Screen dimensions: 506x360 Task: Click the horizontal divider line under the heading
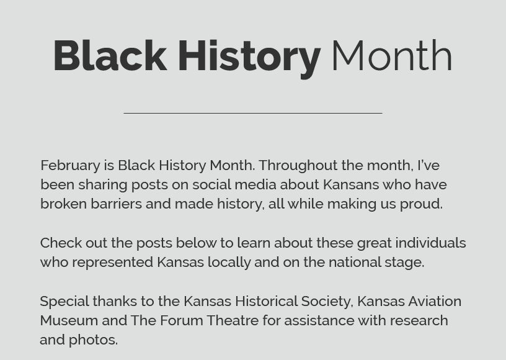[253, 113]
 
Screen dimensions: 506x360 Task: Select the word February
[70, 166]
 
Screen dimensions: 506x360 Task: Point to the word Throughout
[298, 166]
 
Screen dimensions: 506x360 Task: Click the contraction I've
[428, 165]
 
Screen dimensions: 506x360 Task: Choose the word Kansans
[351, 185]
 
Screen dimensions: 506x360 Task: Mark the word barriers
[116, 204]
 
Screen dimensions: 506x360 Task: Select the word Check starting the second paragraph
[61, 243]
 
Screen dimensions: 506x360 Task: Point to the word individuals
[430, 243]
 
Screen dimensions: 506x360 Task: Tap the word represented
[113, 263]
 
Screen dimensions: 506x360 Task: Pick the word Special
[64, 302]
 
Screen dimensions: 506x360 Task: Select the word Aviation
[435, 301]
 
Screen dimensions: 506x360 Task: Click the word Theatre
[233, 321]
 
